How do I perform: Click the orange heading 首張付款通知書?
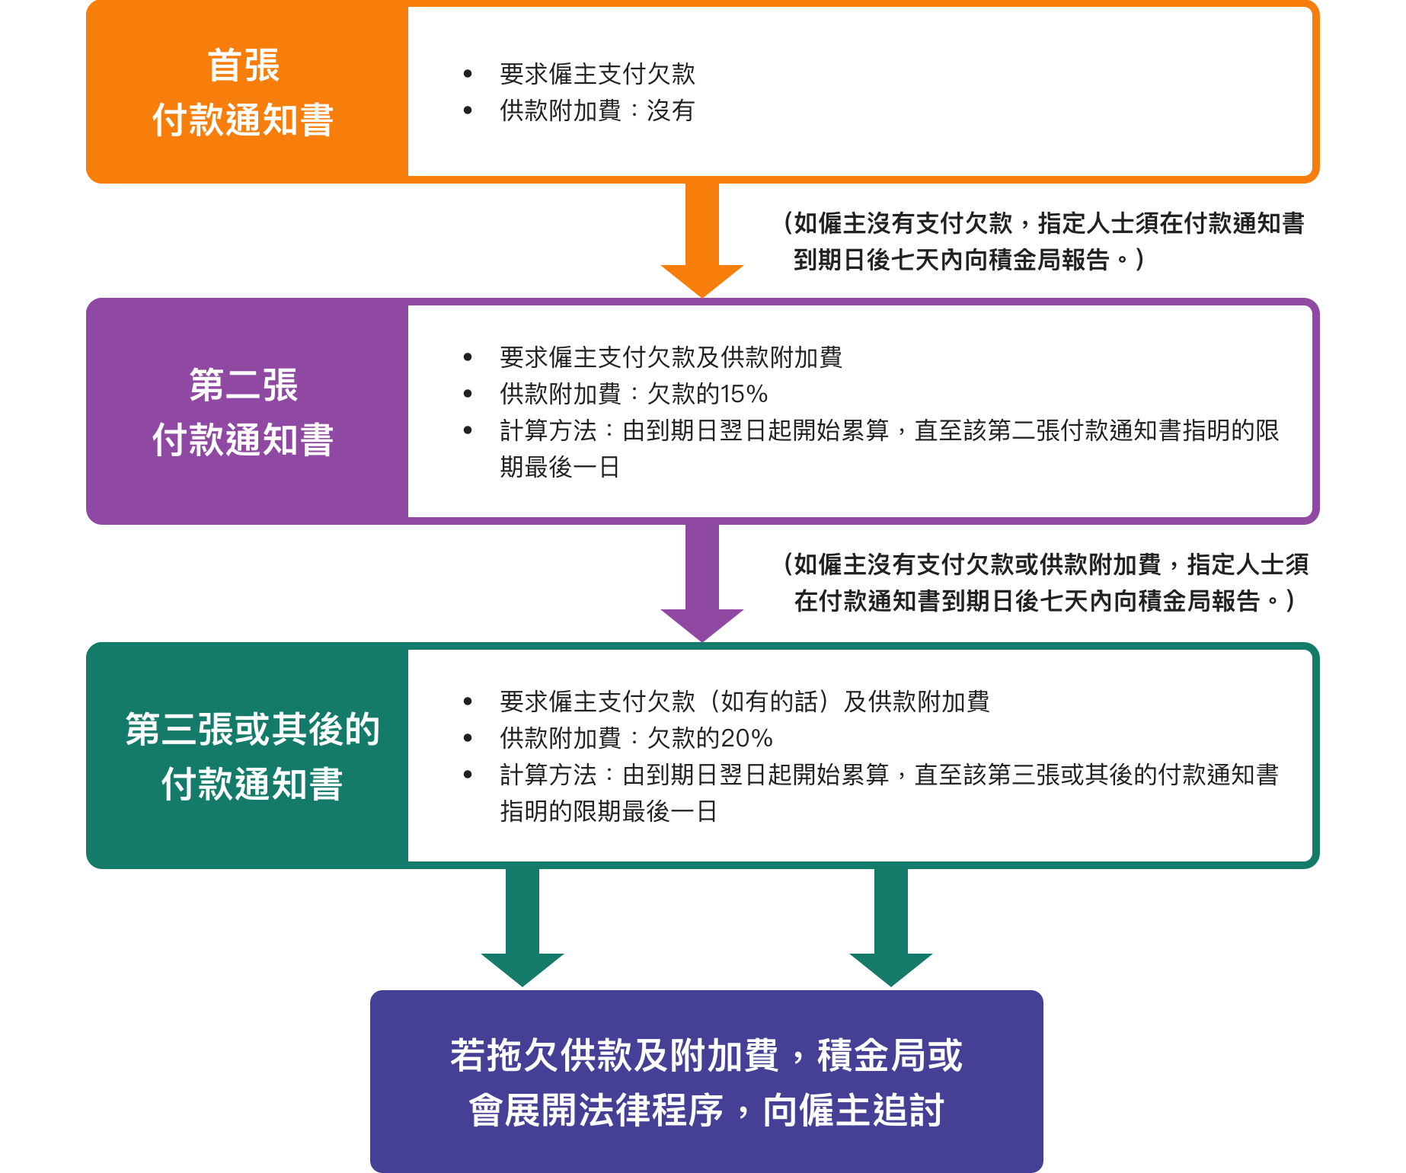(x=244, y=92)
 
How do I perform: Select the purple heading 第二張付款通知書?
(x=244, y=412)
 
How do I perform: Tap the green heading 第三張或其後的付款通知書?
(x=252, y=756)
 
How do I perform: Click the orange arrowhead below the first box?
(x=702, y=281)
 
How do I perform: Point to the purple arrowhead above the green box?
(x=702, y=625)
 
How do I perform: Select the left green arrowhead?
(x=522, y=970)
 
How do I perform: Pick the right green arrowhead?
(x=891, y=970)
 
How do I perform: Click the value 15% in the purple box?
(x=744, y=394)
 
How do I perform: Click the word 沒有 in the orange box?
(x=671, y=110)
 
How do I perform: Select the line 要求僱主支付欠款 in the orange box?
(x=598, y=74)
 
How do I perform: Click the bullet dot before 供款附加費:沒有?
(x=468, y=110)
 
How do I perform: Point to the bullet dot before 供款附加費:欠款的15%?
(x=468, y=394)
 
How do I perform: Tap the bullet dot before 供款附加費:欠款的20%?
(x=468, y=738)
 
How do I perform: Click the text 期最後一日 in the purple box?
(x=560, y=467)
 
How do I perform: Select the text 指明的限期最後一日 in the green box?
(x=609, y=811)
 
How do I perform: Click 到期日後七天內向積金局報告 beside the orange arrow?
(x=951, y=260)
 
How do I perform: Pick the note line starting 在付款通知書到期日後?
(x=1043, y=601)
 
